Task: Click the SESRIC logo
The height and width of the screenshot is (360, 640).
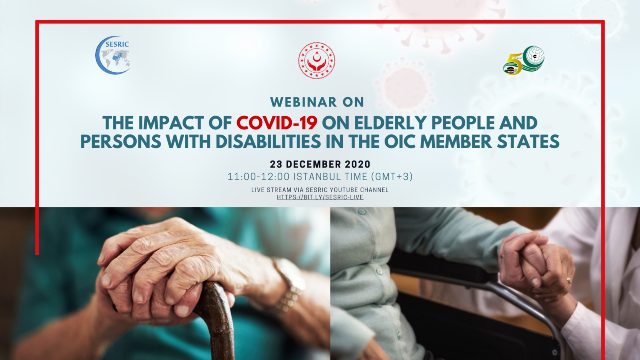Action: pos(113,55)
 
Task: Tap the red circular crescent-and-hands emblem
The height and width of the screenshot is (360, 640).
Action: pos(316,60)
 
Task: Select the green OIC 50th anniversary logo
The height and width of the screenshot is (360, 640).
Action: pos(524,61)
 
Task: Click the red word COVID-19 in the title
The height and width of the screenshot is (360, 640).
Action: pos(276,123)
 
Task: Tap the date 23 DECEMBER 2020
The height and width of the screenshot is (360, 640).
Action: pos(320,164)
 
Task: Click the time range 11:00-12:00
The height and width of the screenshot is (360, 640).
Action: pos(258,177)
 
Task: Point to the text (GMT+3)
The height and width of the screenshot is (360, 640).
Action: pos(392,177)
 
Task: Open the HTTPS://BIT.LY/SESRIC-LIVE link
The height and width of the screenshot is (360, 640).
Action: pos(320,197)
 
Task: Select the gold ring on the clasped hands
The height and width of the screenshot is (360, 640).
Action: pos(568,280)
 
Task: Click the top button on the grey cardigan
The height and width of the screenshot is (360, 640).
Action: pos(362,212)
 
